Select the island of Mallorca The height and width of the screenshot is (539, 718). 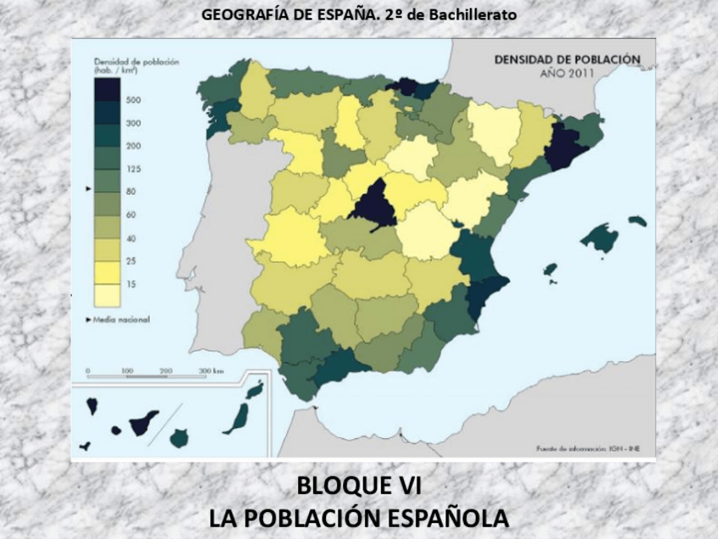tap(600, 238)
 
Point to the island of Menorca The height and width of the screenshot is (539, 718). tap(638, 221)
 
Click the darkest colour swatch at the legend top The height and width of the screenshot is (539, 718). tap(107, 88)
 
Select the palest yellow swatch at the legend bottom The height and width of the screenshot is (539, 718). tap(107, 295)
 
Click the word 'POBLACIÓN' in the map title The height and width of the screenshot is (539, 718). tap(599, 60)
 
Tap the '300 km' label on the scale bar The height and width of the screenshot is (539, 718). tap(211, 371)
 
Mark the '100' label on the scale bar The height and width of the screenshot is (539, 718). tap(127, 371)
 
